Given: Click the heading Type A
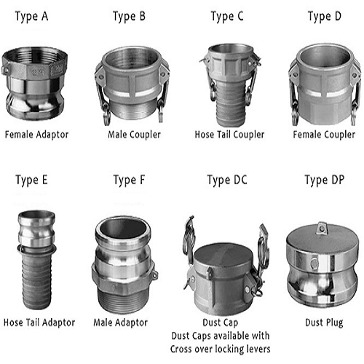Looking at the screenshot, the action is point(31,17).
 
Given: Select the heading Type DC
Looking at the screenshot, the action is point(227,181).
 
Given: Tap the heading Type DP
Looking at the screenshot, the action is point(325,181).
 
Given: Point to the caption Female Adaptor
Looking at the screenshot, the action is point(36,135).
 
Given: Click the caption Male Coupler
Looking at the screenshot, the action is point(134,135).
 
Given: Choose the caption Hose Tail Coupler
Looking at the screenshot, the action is point(229,135).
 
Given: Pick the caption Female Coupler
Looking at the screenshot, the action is point(324,135).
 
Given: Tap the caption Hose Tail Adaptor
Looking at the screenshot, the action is point(39,323).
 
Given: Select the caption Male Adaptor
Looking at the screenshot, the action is point(120,323).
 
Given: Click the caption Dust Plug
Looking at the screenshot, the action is point(324,323).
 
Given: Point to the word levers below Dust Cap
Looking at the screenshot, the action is point(258,349).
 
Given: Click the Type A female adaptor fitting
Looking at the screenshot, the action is point(34,84).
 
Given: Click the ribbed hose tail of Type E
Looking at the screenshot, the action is point(36,279).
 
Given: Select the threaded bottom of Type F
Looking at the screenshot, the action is point(123,301).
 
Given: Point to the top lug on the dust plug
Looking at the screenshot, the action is point(322,228).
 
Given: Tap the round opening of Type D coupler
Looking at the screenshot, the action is point(325,57).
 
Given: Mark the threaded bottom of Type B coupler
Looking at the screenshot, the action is point(132,111).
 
